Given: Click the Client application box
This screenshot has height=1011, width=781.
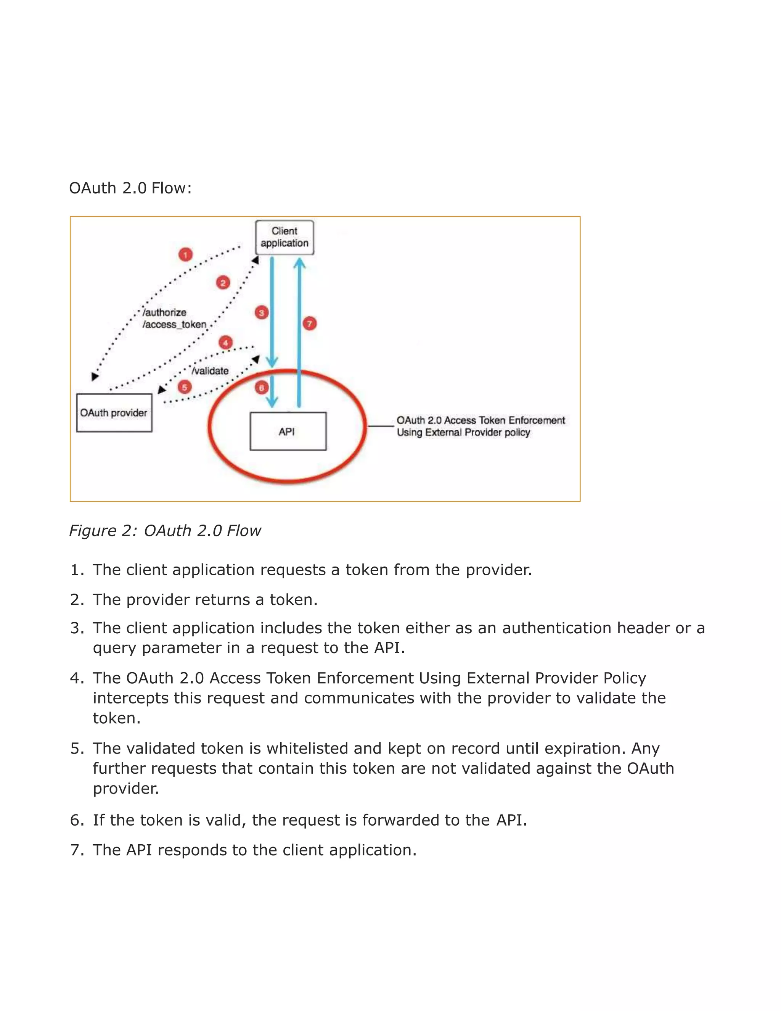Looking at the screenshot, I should point(284,237).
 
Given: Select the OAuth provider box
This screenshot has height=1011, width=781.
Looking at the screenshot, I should point(114,412).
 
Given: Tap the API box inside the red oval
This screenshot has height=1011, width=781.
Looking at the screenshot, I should point(288,431).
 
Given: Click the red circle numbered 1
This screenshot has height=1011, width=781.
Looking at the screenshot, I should point(186,254).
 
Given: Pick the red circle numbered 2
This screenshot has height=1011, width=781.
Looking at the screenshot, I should point(223,283).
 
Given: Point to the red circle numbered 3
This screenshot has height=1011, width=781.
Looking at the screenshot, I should point(261,313).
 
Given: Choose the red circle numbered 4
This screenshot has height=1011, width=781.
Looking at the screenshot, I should point(225,343).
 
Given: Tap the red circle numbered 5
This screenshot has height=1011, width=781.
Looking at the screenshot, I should point(185,387).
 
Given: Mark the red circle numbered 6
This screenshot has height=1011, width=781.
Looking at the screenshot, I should point(261,388).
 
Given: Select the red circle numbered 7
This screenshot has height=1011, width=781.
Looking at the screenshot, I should point(310,323).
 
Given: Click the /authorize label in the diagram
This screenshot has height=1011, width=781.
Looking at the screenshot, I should point(165,312).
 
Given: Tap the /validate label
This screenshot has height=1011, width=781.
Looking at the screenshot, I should point(211,371).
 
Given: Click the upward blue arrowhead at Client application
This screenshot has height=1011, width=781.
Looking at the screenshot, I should point(299,264).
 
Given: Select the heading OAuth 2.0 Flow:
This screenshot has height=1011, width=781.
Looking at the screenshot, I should point(130,188).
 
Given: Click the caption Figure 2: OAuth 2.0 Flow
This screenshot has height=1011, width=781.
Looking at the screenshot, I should point(165,531).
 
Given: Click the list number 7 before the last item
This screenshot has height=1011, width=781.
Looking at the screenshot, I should point(76,850).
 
